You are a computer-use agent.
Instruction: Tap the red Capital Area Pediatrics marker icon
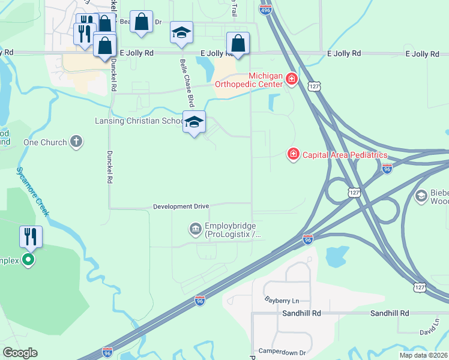[x=294, y=155]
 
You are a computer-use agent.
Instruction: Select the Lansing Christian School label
[x=138, y=121]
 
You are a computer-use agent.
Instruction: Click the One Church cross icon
[x=76, y=142]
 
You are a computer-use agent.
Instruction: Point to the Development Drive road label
[x=181, y=206]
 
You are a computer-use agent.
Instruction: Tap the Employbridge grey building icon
[x=196, y=229]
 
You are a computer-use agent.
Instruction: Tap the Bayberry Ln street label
[x=282, y=299]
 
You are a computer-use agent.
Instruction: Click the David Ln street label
[x=429, y=331]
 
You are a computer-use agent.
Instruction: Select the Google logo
[x=20, y=353]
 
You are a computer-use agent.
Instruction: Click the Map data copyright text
[x=423, y=355]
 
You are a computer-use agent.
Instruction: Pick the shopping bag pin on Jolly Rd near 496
[x=238, y=44]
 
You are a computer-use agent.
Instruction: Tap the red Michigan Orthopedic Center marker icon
[x=292, y=80]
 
